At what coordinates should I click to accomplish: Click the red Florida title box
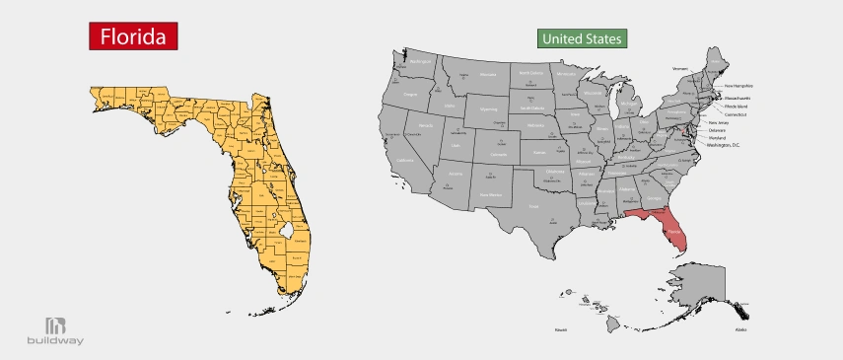pos(132,36)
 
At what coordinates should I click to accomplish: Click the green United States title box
pos(583,39)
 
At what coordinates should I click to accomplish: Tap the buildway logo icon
pos(55,325)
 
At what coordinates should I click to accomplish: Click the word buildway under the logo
pos(55,342)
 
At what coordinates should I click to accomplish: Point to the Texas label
pos(533,206)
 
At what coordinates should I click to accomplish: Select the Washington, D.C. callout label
pos(724,146)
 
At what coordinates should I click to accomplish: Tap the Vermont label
pos(679,69)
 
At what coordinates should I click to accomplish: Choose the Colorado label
pos(499,154)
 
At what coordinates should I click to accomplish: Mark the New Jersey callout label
pos(720,122)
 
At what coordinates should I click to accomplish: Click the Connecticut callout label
pos(733,114)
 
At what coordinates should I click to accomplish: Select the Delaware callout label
pos(717,130)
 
